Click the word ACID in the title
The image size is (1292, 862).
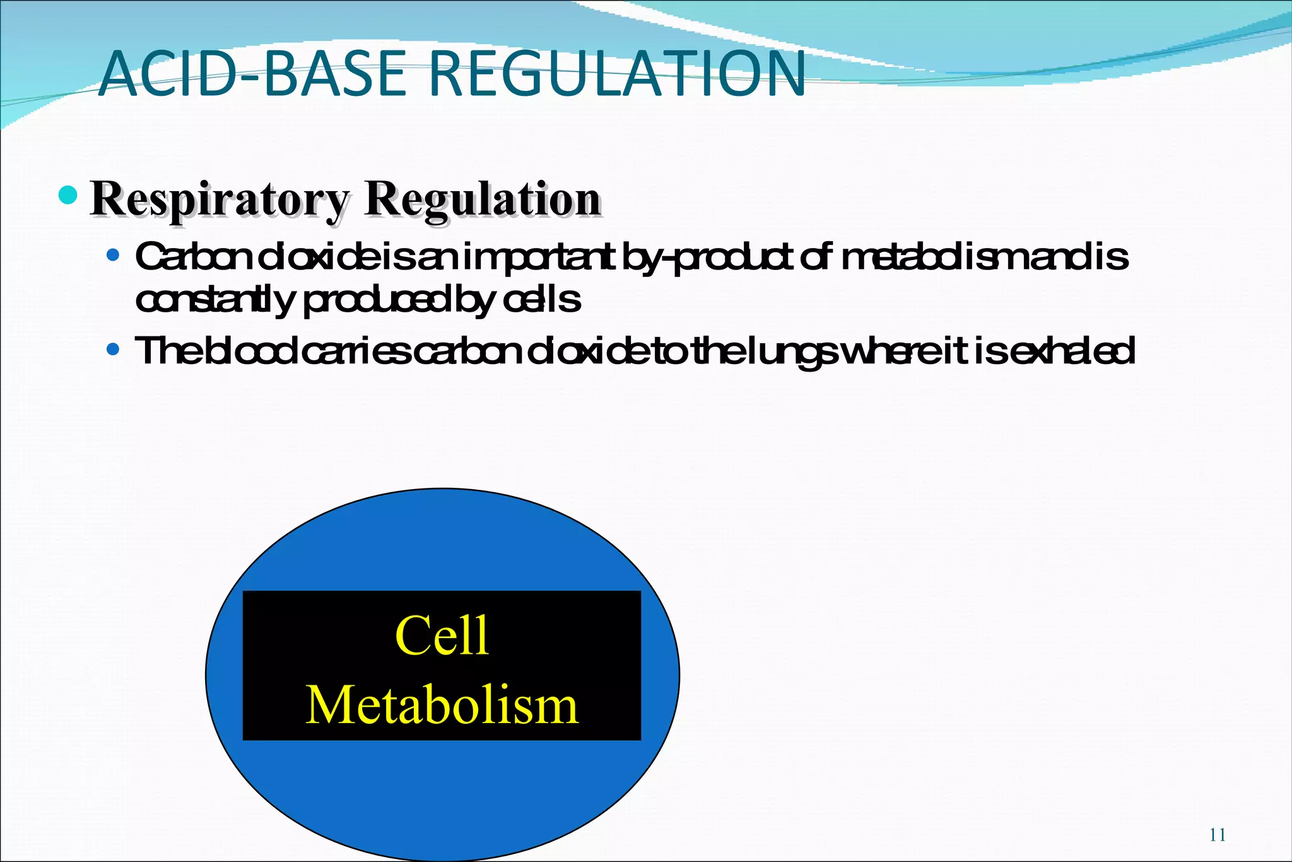[x=169, y=74]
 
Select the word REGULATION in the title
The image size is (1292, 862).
[x=618, y=74]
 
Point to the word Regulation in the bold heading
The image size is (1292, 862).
[x=483, y=200]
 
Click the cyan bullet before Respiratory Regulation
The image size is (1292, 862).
[x=68, y=195]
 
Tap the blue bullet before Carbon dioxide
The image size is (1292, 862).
[x=113, y=256]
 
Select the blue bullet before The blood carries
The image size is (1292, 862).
[x=113, y=349]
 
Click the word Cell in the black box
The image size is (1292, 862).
[x=442, y=636]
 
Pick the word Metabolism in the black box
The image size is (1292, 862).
[x=442, y=706]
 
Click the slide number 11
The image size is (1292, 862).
[x=1217, y=835]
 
